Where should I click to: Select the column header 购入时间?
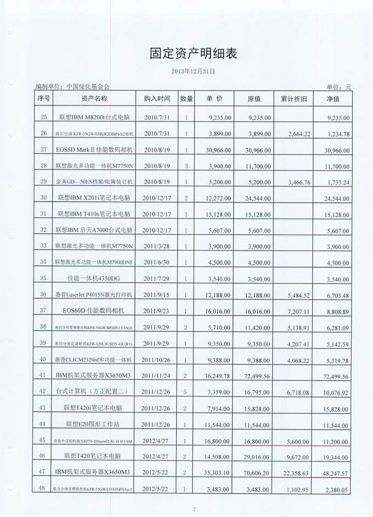[x=157, y=99]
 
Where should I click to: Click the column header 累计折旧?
[x=297, y=99]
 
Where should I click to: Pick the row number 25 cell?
[x=43, y=116]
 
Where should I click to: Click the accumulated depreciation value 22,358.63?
[x=297, y=472]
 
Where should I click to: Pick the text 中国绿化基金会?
[x=88, y=86]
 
